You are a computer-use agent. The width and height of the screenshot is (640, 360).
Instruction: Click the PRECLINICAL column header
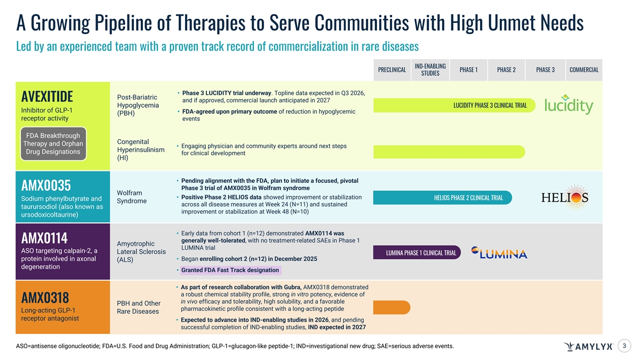point(391,70)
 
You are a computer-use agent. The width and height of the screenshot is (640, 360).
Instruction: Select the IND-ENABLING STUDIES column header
point(430,70)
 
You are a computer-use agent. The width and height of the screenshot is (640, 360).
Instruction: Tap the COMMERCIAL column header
point(584,70)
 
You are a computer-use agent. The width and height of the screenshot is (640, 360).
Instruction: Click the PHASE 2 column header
point(506,70)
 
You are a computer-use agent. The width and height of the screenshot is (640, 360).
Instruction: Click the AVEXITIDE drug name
point(47,97)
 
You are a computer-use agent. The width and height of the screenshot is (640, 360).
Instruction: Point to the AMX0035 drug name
point(46,185)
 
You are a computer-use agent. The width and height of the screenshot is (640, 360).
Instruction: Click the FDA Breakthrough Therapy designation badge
point(53,143)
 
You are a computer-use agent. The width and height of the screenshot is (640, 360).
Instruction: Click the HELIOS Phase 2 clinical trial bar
point(443,198)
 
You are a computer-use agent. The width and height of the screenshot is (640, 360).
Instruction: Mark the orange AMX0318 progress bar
point(391,308)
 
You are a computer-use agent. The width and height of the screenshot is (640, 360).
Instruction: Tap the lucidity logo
point(569,106)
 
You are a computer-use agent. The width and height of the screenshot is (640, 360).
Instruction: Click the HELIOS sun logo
point(565,198)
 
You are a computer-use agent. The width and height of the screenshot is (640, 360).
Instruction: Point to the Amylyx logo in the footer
point(588,347)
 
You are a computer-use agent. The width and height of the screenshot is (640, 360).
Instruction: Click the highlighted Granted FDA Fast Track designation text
point(230,270)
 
